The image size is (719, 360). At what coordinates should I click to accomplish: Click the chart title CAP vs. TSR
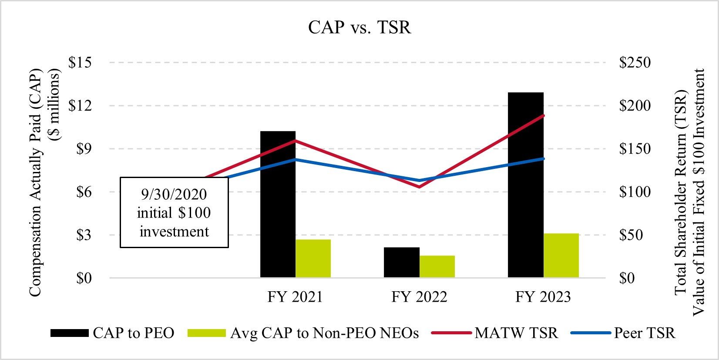click(x=359, y=27)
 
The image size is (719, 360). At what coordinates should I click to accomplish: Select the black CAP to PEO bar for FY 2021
click(x=278, y=204)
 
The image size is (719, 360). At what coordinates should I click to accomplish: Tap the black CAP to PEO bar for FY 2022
click(x=401, y=262)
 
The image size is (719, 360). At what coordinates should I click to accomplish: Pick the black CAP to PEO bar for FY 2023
click(x=525, y=185)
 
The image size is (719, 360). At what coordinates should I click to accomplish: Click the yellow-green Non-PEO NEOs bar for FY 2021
click(x=313, y=259)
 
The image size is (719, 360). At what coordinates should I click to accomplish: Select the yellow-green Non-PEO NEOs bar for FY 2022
click(x=437, y=266)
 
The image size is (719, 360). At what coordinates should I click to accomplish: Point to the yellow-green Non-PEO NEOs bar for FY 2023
click(x=561, y=256)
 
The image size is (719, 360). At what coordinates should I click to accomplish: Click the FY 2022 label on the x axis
click(x=419, y=297)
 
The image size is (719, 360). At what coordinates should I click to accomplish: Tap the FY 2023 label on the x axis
click(x=543, y=297)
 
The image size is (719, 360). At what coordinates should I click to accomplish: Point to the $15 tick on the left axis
click(x=80, y=63)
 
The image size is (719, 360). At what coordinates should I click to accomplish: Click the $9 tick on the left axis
click(x=84, y=149)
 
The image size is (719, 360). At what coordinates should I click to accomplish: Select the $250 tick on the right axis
click(x=635, y=63)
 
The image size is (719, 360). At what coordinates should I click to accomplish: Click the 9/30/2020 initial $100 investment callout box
click(x=174, y=212)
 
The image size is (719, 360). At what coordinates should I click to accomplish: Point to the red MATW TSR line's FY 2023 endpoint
click(x=544, y=115)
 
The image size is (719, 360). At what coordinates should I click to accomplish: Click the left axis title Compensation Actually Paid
click(x=35, y=183)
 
